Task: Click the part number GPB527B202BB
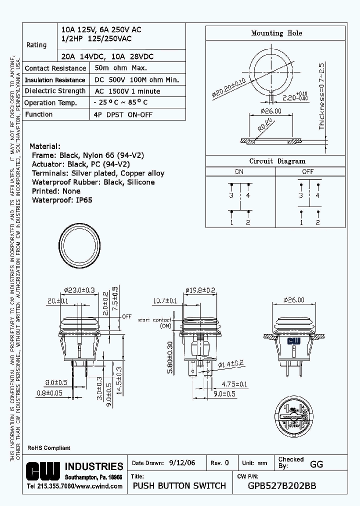point(282,485)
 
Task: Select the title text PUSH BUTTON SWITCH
point(179,485)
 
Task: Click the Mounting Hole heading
point(276,33)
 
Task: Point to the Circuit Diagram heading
point(277,161)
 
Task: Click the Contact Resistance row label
point(55,68)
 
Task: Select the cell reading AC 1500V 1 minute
point(127,91)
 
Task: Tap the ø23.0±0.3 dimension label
point(80,290)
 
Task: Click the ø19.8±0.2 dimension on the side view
point(200,290)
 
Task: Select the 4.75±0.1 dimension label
point(234,384)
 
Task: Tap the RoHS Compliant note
point(48,448)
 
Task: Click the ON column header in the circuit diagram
point(239,172)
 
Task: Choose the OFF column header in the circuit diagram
point(308,172)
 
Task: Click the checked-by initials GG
point(316,464)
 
